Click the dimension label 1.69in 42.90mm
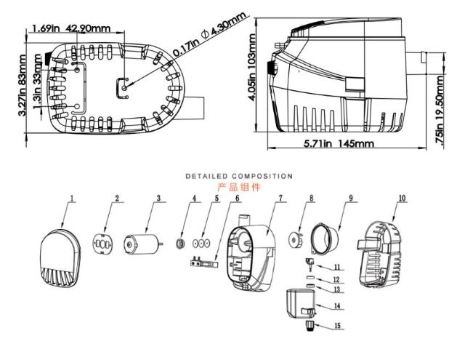(71, 29)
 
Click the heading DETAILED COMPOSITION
(239, 176)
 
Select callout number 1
(72, 198)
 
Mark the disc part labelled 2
(103, 244)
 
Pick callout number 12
(336, 279)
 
